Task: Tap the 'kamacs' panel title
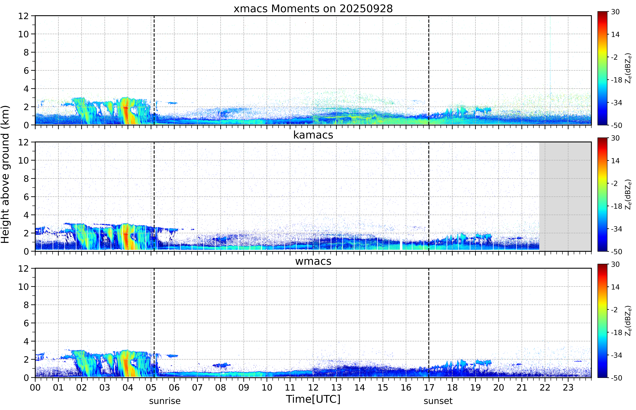313,135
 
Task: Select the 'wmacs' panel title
313,261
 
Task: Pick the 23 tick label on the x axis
568,387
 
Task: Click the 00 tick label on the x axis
35,387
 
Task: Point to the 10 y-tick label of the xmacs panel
23,34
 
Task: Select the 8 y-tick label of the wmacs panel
26,305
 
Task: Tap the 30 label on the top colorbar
615,12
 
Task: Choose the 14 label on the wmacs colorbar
615,287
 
